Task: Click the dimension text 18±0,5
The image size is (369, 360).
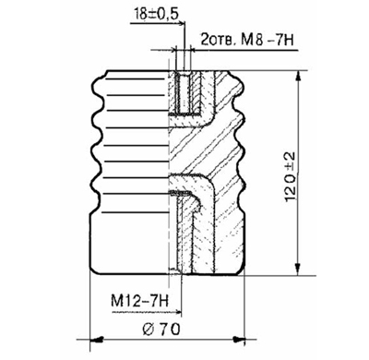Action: [156, 14]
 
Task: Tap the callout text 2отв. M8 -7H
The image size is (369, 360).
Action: [247, 40]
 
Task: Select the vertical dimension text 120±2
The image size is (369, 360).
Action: [290, 176]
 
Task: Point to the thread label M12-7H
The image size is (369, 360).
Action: [139, 301]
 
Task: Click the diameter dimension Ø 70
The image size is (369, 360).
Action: [161, 330]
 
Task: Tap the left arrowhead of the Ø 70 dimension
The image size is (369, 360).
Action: [96, 340]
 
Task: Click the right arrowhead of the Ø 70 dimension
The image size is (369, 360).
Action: [239, 340]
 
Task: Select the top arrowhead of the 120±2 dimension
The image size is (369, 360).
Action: [297, 77]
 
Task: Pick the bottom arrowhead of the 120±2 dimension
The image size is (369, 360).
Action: [297, 269]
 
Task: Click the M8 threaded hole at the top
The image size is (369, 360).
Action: [183, 93]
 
